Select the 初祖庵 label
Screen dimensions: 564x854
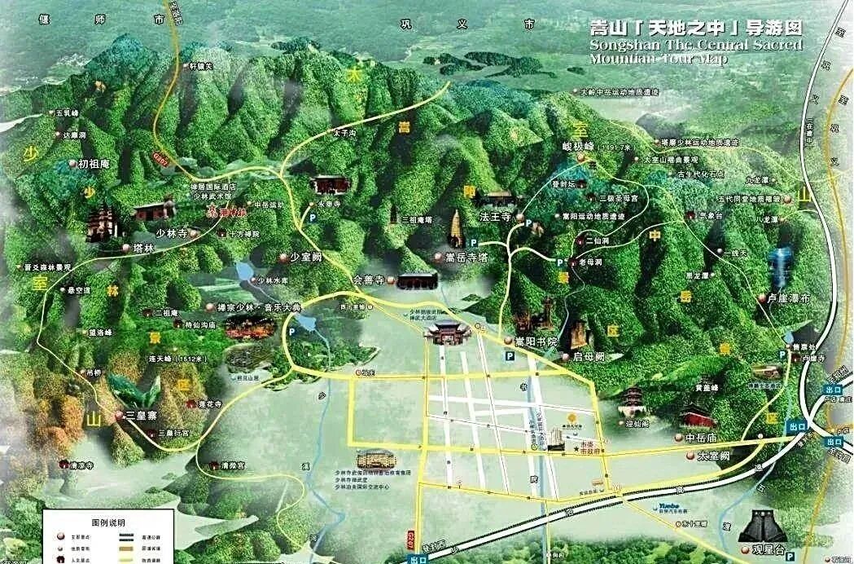point(94,164)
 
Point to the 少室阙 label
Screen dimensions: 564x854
point(307,256)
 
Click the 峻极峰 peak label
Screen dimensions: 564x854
point(579,147)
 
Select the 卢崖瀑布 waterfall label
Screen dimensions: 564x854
point(789,298)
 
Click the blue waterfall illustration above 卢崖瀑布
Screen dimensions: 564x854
point(783,267)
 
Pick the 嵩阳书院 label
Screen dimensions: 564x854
point(536,340)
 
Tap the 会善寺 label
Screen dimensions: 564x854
point(367,279)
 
